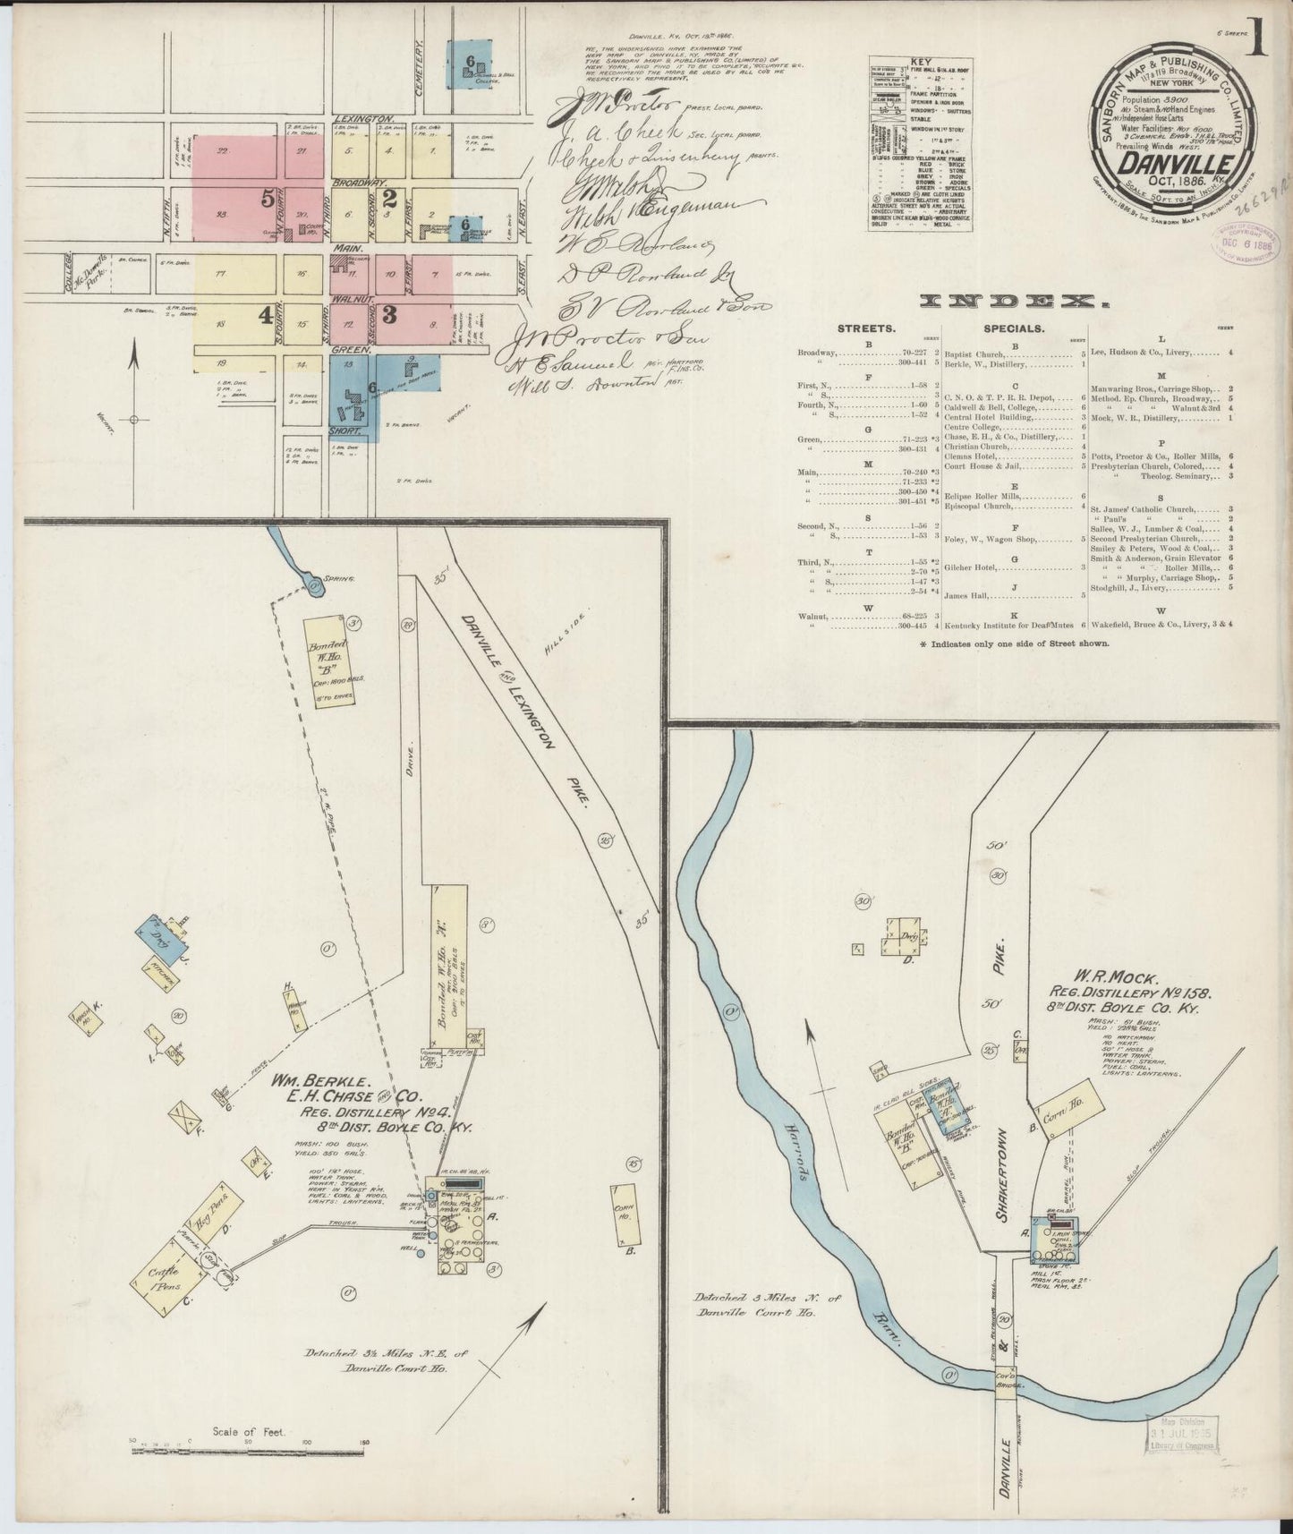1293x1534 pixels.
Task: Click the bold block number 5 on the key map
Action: pyautogui.click(x=267, y=199)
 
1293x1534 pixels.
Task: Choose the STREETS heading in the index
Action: pyautogui.click(x=866, y=328)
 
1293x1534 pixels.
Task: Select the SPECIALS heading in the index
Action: pyautogui.click(x=1015, y=328)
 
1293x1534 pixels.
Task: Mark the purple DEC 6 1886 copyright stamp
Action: pyautogui.click(x=1244, y=243)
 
